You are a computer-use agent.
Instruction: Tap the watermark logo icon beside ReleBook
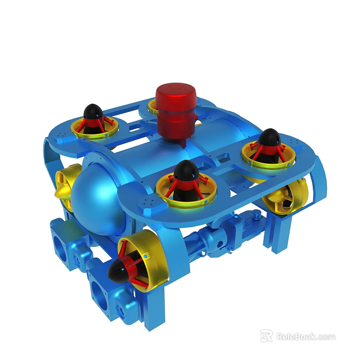[x=266, y=336]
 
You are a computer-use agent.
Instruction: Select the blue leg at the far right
[x=284, y=236]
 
